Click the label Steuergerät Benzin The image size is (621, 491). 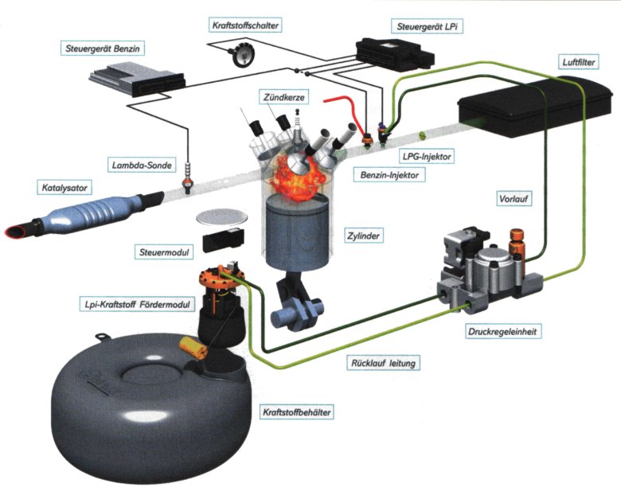(x=104, y=49)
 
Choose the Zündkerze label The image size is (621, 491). (x=280, y=97)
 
